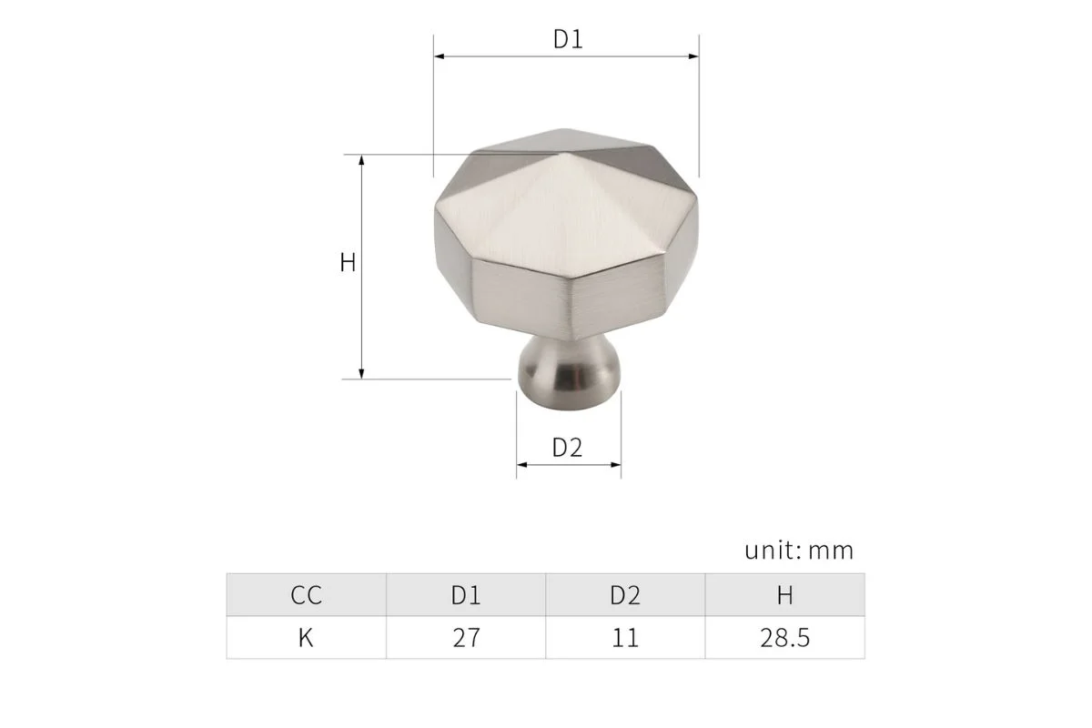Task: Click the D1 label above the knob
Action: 567,40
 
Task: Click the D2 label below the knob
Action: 567,448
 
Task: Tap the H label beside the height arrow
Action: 348,263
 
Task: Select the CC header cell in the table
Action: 306,596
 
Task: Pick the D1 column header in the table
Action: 465,596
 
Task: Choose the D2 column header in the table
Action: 625,596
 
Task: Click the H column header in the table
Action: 784,596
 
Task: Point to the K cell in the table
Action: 306,638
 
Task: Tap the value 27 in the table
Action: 465,638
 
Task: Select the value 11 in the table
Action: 625,638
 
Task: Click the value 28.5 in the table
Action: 784,638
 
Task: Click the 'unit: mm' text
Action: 799,551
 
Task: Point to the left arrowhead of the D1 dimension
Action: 439,57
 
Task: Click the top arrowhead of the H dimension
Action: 362,160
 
